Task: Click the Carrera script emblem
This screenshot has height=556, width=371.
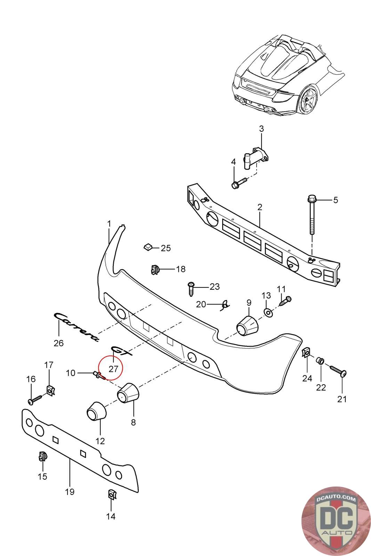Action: pyautogui.click(x=76, y=327)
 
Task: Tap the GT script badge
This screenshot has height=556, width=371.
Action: pyautogui.click(x=122, y=351)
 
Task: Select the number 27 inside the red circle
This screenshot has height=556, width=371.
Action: pyautogui.click(x=113, y=369)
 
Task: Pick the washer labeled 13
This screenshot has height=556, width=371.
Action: pyautogui.click(x=268, y=313)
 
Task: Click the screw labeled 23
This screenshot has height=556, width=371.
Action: pyautogui.click(x=191, y=289)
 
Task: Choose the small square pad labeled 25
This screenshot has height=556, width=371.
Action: pyautogui.click(x=148, y=247)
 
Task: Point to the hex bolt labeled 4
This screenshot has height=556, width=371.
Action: pyautogui.click(x=239, y=182)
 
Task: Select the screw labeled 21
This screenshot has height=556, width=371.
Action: pyautogui.click(x=338, y=371)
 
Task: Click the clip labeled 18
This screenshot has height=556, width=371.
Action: pyautogui.click(x=155, y=269)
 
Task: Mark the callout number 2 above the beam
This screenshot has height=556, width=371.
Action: pyautogui.click(x=260, y=207)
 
